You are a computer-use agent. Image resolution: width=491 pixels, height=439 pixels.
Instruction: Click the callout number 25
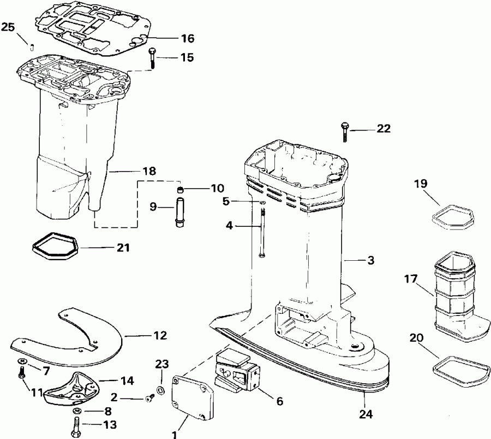8,27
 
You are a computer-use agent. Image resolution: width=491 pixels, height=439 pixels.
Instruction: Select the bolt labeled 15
152,57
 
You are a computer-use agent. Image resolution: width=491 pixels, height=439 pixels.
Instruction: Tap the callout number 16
187,38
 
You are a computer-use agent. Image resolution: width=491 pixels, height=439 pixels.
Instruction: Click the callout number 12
160,335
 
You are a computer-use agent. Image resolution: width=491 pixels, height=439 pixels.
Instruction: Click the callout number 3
370,260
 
